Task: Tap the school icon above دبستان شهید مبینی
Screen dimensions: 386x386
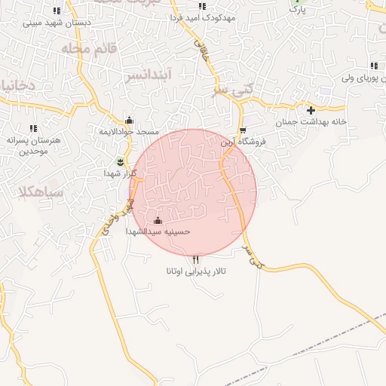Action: (x=57, y=11)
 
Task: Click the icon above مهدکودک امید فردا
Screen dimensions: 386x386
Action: (x=201, y=6)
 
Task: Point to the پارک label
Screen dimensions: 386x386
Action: (x=299, y=10)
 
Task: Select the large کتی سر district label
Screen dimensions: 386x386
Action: (x=231, y=90)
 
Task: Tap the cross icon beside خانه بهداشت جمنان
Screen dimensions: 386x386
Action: (x=311, y=110)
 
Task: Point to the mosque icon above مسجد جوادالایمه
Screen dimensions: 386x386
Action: (x=129, y=120)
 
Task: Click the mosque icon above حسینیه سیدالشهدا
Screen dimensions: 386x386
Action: (x=158, y=221)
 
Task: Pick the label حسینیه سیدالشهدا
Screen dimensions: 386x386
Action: (x=158, y=232)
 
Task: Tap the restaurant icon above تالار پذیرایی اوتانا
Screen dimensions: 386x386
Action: (x=196, y=260)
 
